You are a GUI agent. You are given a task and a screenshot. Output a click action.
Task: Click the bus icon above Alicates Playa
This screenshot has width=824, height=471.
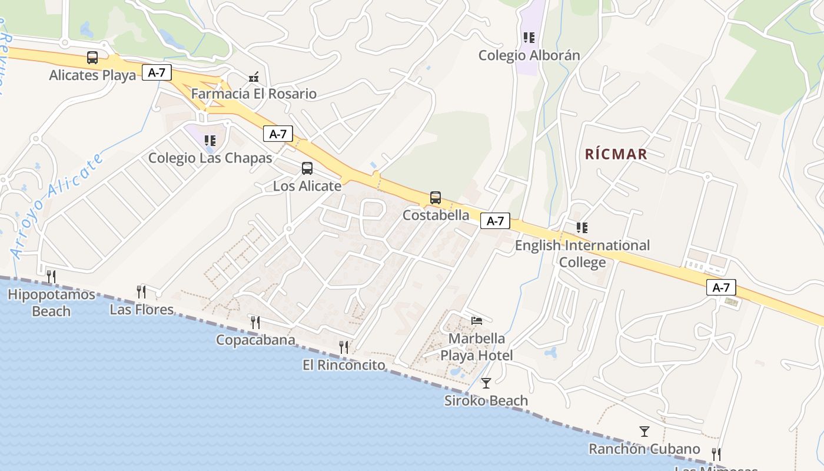tap(92, 57)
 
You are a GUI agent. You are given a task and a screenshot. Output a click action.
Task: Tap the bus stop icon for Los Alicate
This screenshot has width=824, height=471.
tap(307, 168)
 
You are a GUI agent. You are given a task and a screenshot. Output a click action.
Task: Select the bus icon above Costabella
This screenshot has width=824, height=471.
tap(436, 198)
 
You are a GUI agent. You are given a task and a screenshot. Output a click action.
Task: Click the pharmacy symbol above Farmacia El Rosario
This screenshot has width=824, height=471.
tap(254, 77)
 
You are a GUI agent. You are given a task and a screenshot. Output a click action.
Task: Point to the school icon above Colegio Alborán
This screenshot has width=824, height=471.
tap(529, 38)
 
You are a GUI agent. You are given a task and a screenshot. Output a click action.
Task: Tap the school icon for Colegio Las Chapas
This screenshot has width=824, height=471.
tap(210, 141)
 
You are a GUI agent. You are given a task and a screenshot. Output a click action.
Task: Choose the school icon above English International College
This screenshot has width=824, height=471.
tap(582, 228)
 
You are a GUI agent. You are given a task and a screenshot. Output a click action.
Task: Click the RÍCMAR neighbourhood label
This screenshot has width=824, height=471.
tap(616, 154)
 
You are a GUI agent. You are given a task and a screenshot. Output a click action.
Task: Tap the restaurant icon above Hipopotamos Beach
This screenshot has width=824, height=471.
tap(51, 276)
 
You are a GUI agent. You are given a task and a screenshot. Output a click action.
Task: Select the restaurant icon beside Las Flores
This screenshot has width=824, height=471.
tap(141, 291)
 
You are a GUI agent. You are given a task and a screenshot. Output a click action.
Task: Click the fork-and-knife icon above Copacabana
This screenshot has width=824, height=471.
tap(255, 322)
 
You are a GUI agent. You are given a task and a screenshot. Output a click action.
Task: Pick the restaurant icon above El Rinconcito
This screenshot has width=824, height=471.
tap(344, 347)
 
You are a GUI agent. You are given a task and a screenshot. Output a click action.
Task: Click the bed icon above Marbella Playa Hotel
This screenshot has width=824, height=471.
tap(477, 321)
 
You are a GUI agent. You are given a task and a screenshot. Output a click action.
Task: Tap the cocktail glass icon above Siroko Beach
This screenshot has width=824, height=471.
tap(486, 383)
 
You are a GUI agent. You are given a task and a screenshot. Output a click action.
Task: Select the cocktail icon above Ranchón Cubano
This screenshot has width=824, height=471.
tap(644, 432)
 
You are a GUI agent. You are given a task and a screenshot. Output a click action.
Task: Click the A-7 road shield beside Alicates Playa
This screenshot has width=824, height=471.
tap(157, 73)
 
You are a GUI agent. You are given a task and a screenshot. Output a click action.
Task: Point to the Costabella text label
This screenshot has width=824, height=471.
tap(436, 215)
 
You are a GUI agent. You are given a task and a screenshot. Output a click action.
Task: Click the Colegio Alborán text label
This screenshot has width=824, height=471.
tap(529, 55)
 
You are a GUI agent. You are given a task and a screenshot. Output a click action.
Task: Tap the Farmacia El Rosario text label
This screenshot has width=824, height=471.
tap(254, 94)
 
